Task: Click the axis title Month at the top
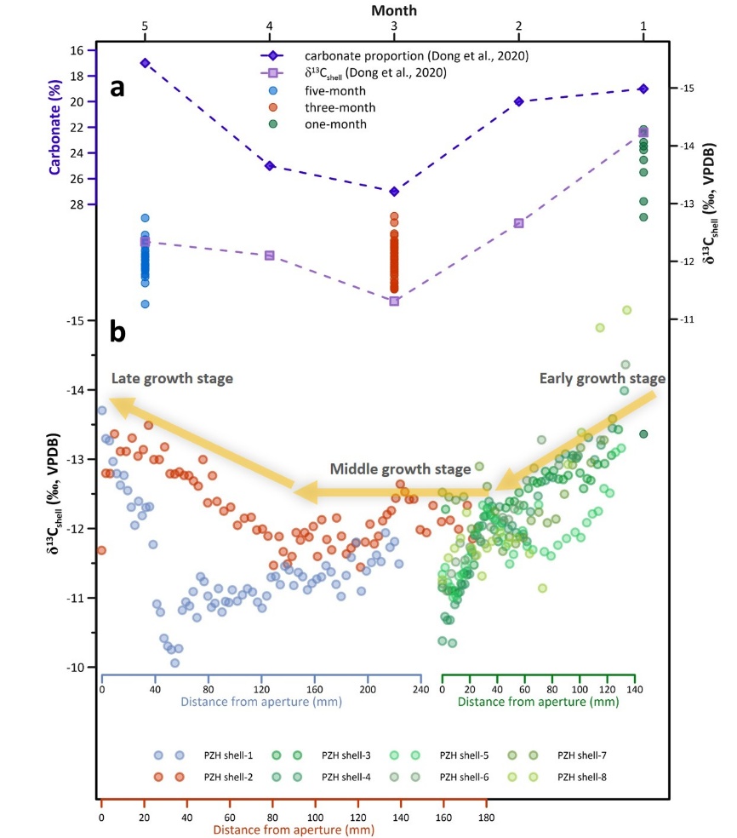(x=394, y=9)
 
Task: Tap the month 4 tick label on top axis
(x=270, y=26)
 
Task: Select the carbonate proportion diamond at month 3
(x=394, y=191)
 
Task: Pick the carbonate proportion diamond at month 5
(x=146, y=63)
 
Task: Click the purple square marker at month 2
(x=518, y=223)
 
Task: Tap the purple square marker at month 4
(x=270, y=255)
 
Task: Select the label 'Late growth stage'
(x=171, y=378)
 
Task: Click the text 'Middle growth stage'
(x=400, y=469)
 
